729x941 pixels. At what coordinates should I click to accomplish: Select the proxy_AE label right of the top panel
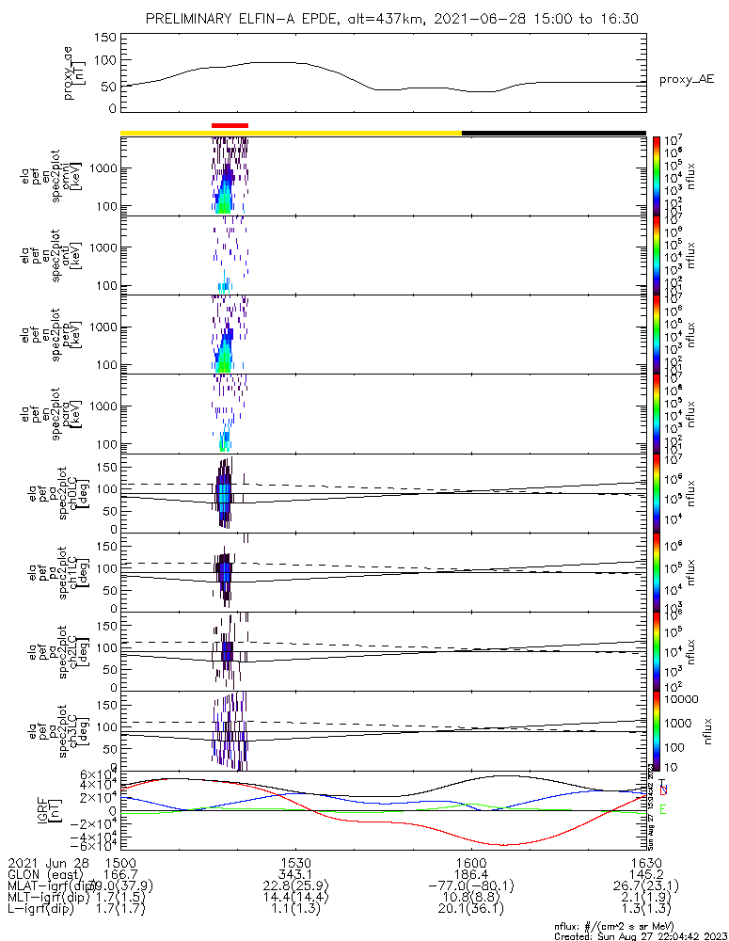click(687, 80)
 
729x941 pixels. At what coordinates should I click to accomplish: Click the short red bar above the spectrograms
click(230, 124)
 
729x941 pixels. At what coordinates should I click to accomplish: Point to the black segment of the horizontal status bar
click(553, 133)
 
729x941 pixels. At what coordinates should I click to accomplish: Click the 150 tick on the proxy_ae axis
click(106, 38)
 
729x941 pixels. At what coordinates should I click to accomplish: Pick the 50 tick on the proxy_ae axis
click(110, 86)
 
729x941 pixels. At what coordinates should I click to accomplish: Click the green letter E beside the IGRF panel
click(663, 809)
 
